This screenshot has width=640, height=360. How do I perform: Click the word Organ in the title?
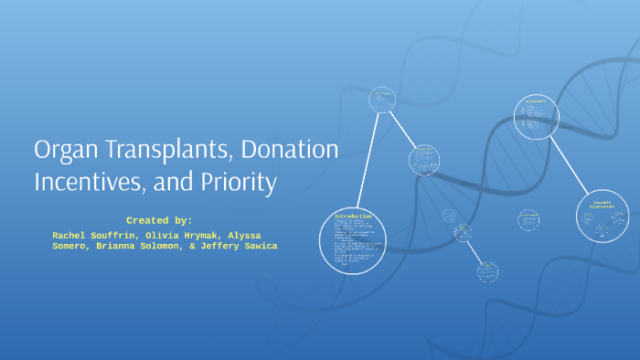point(67,151)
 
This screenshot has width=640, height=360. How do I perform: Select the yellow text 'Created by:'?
point(159,220)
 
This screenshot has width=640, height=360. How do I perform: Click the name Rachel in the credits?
point(72,235)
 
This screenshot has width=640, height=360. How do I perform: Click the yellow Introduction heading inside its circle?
point(353,217)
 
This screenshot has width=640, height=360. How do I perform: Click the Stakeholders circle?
point(535,116)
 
